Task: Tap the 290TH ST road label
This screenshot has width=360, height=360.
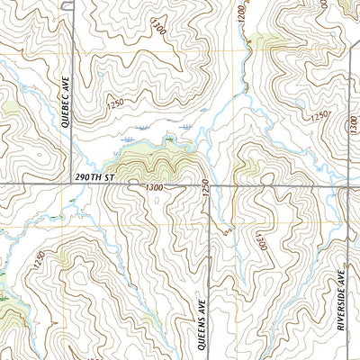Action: [x=96, y=180]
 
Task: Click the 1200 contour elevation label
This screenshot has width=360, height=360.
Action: [x=240, y=13]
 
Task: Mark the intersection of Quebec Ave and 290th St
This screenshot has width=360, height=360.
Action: [x=71, y=185]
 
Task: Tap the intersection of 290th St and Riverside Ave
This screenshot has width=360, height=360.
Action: [x=346, y=185]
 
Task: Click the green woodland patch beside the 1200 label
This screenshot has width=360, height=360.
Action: [x=263, y=40]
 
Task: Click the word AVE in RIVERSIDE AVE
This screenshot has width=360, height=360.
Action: [x=343, y=274]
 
